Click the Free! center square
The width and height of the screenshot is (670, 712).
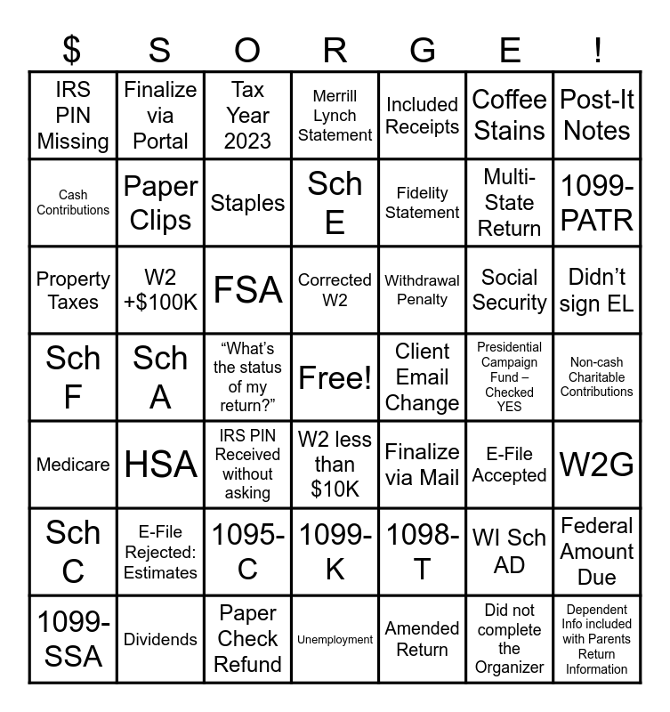(335, 377)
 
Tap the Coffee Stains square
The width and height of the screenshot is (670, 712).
(509, 116)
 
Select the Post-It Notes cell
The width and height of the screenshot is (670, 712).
(597, 116)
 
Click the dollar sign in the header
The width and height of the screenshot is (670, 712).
(73, 51)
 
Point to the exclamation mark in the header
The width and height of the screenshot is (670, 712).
(597, 51)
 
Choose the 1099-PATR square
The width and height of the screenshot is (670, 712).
(597, 203)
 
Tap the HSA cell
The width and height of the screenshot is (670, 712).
(160, 465)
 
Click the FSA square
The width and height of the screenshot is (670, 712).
(247, 290)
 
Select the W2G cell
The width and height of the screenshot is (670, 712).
(597, 465)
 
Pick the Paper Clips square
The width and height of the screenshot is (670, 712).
(160, 203)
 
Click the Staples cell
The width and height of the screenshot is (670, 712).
(247, 203)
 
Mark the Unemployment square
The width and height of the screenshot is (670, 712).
(335, 639)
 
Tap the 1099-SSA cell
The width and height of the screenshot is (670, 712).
(73, 639)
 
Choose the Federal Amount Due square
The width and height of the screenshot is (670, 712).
(597, 552)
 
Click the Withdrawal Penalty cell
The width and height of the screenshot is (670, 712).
(422, 290)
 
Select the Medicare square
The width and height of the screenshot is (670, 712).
(73, 465)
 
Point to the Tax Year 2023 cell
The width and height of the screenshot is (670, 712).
(247, 116)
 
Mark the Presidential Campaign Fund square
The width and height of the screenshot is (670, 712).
(509, 377)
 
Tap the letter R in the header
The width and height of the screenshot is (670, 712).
(335, 51)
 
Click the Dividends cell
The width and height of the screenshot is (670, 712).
(160, 639)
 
